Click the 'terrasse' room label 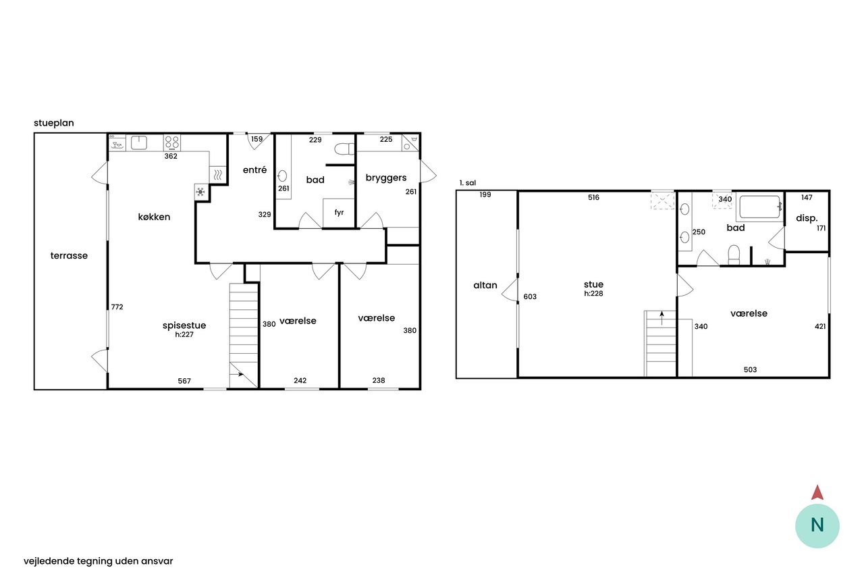(69, 255)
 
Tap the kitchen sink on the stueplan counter (139, 142)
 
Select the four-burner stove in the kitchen (172, 142)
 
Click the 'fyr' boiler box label (339, 212)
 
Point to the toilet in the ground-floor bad (344, 149)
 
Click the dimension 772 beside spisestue (117, 307)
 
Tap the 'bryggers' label (386, 178)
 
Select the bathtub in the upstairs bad (760, 207)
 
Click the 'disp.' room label (807, 218)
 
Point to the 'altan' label (485, 285)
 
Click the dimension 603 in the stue (530, 296)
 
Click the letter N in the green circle (817, 525)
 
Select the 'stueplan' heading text (53, 123)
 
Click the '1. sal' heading (468, 183)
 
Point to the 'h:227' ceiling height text (184, 334)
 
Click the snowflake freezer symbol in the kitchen (200, 191)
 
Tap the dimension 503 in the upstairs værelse (750, 369)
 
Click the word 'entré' (254, 169)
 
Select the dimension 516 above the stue (593, 197)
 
